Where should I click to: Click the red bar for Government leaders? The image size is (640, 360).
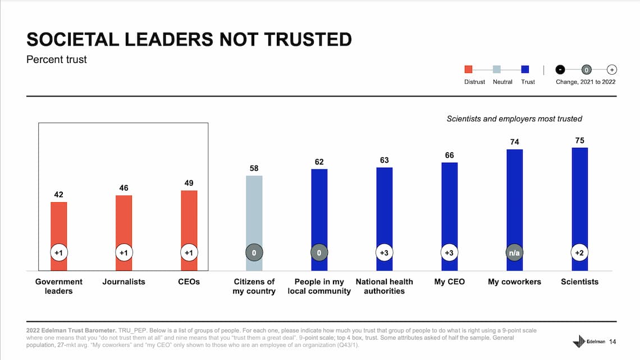pos(59,225)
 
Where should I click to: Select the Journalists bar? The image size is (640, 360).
pos(124,222)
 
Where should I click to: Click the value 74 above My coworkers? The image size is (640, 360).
pos(514,142)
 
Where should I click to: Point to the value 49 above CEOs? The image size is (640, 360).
pos(189,183)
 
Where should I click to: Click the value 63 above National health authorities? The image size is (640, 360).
pos(384,160)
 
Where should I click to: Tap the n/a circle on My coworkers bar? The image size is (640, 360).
pos(514,253)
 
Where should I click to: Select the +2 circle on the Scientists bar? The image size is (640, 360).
pos(579,253)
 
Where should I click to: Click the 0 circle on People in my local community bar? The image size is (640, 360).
pos(319,253)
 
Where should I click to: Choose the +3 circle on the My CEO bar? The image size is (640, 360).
pos(449,253)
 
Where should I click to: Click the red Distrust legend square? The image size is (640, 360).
pos(468,70)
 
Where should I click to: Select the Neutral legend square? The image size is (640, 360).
pos(497,70)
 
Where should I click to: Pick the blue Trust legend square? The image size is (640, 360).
pos(525,70)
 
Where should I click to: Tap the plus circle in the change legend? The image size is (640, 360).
pos(612,70)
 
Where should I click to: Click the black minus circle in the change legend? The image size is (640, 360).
pos(560,70)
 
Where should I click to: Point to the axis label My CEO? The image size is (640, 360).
pos(449,281)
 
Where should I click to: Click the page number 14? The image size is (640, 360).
pos(612,341)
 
